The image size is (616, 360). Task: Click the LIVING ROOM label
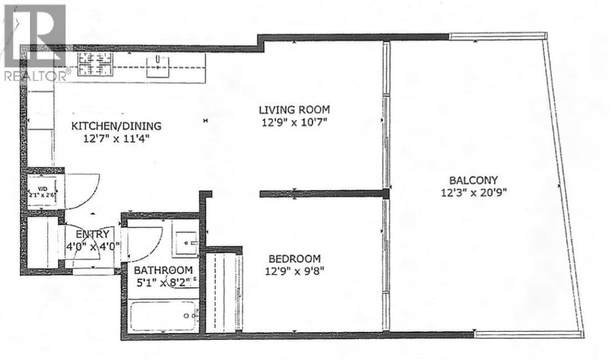[294, 109]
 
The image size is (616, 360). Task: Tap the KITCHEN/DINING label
[117, 126]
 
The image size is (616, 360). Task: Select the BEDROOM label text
[294, 258]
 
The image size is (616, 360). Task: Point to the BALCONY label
[473, 180]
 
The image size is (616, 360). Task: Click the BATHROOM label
[163, 270]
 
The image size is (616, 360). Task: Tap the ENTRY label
[92, 235]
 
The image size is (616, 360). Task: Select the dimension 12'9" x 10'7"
[294, 123]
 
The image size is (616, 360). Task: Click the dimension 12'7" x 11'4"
[117, 139]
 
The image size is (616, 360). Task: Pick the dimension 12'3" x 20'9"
[473, 193]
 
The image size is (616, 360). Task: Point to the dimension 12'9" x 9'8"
[294, 271]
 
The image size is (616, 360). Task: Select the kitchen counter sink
[158, 67]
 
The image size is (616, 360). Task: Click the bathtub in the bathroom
[163, 316]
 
